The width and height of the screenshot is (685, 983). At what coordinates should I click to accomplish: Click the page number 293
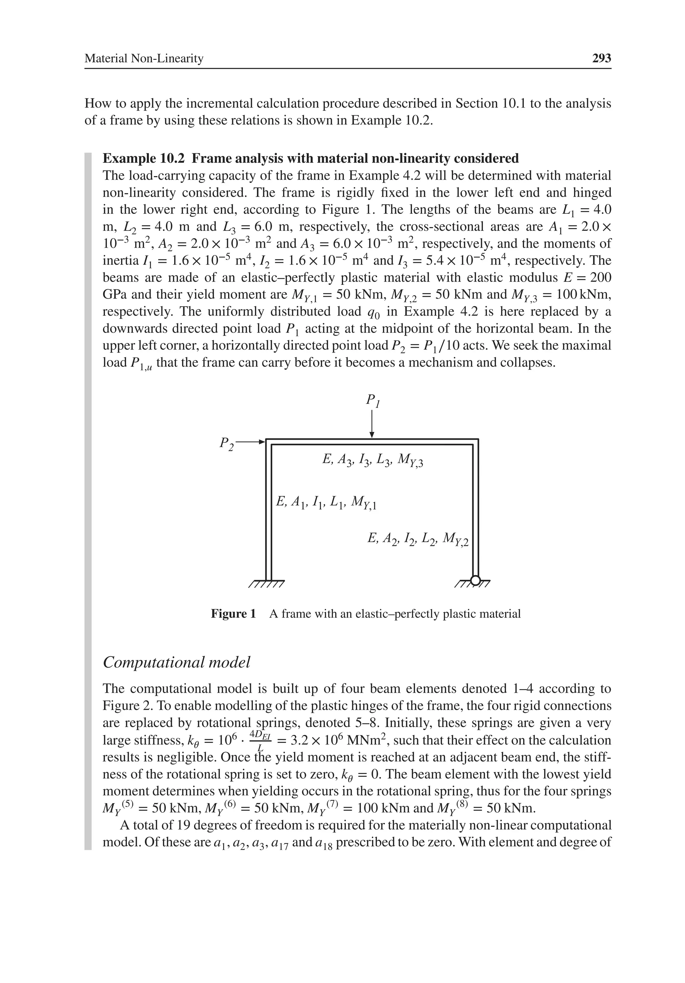coord(601,58)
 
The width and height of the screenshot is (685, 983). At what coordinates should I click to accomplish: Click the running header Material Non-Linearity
coord(144,58)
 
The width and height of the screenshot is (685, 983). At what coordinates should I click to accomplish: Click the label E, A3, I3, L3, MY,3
coord(372,460)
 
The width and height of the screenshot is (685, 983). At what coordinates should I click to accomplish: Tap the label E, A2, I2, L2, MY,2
coord(418,538)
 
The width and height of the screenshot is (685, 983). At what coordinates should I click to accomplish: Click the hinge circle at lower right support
coord(475,580)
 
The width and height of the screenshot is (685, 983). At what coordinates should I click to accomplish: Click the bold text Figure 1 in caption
coord(233,614)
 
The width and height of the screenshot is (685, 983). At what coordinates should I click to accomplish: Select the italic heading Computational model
coord(177,662)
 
